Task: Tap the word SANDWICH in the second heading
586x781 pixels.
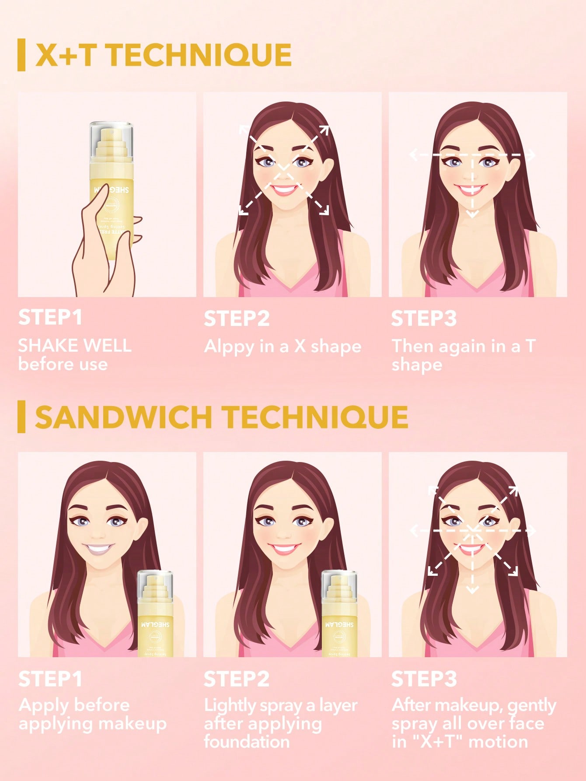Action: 124,417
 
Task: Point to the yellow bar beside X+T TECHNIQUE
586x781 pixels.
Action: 21,55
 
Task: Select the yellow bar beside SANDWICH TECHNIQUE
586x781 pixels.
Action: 21,417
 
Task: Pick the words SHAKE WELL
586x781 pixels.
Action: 75,346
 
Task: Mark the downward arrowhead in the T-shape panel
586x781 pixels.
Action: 472,214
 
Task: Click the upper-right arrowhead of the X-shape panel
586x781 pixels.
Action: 324,130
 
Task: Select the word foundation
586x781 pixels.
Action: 247,742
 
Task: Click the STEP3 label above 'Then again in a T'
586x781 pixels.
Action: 424,319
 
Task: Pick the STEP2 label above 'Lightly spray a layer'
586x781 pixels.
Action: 237,679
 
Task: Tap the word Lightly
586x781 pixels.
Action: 230,705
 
